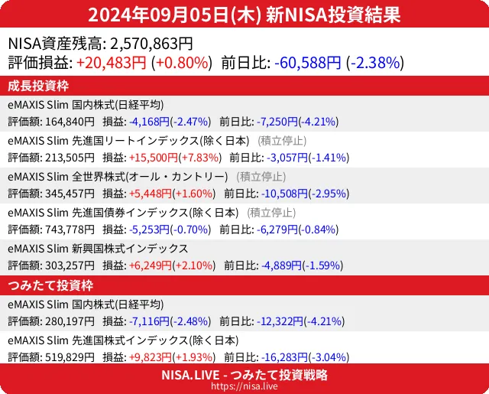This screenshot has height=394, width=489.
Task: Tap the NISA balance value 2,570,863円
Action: pos(151,44)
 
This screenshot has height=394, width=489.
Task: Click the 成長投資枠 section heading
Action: pos(39,85)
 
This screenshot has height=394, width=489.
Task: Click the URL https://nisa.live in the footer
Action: pos(244,387)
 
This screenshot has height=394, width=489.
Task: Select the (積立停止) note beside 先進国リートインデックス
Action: pos(283,141)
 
